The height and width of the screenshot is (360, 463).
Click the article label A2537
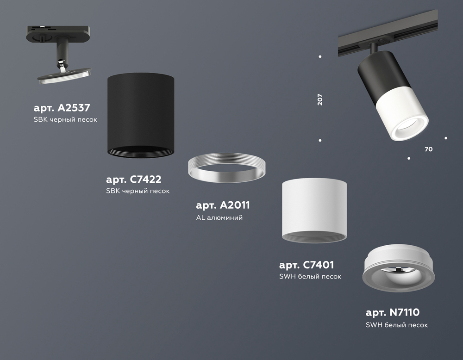pyautogui.click(x=62, y=108)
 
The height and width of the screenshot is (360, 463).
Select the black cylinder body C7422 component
pyautogui.click(x=141, y=115)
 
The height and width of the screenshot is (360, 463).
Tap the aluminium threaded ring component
pyautogui.click(x=226, y=168)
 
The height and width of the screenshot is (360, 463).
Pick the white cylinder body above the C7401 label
pyautogui.click(x=314, y=210)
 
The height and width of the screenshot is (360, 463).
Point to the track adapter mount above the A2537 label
pyautogui.click(x=58, y=54)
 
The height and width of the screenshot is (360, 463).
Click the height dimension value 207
pyautogui.click(x=320, y=100)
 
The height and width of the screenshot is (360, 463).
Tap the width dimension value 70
pyautogui.click(x=428, y=149)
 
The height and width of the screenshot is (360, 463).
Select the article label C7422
pyautogui.click(x=133, y=179)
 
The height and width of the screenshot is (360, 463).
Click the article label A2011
pyautogui.click(x=223, y=205)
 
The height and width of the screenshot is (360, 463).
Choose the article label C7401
pyautogui.click(x=307, y=265)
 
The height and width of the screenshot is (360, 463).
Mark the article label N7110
pyautogui.click(x=393, y=312)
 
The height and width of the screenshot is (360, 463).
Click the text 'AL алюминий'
pyautogui.click(x=219, y=218)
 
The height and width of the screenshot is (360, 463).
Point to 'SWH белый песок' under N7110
pyautogui.click(x=397, y=325)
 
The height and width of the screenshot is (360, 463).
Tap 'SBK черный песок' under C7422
pyautogui.click(x=138, y=191)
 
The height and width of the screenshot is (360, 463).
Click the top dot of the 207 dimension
pyautogui.click(x=320, y=56)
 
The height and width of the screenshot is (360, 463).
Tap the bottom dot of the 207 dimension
pyautogui.click(x=320, y=141)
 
